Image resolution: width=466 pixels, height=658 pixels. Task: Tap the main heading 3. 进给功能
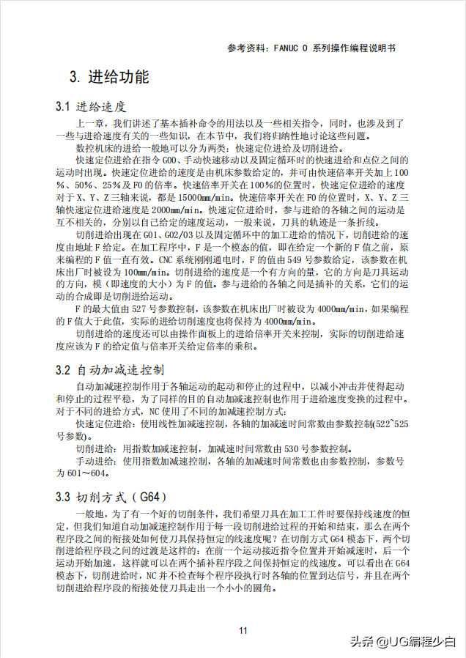pos(108,77)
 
